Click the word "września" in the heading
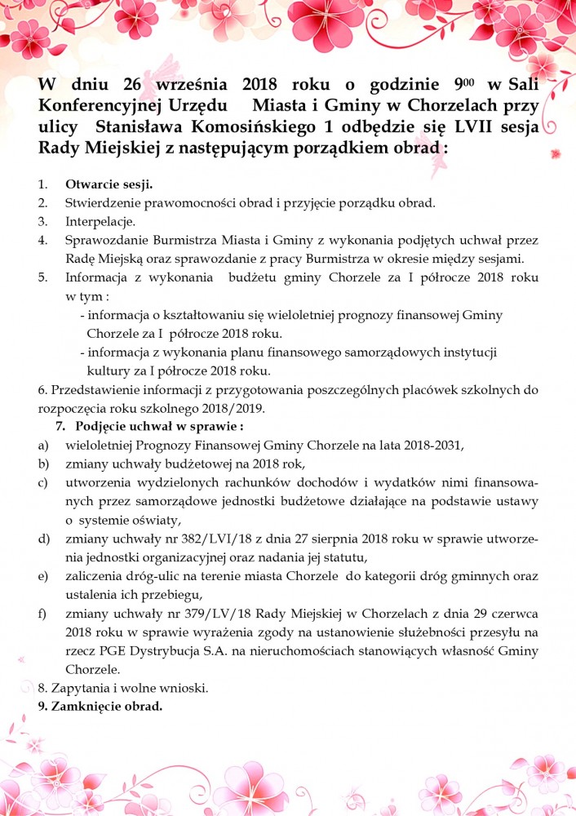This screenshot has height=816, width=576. coord(193,84)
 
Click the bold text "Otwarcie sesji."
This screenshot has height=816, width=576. coord(109,184)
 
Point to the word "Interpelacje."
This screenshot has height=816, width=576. coord(100,221)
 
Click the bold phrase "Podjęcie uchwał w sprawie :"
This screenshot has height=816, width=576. coord(160,426)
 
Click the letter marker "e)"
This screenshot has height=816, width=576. coord(42,577)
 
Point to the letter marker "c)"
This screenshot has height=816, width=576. coord(42,483)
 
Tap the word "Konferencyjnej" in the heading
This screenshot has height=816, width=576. coord(99,106)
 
